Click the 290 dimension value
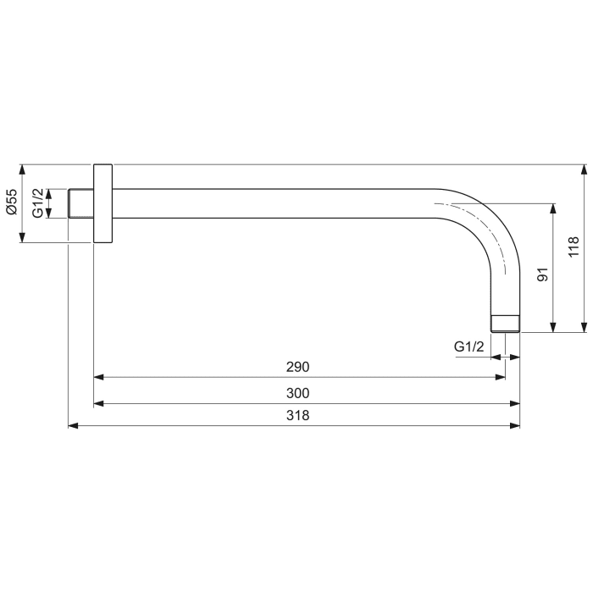[298, 367]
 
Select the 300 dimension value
[298, 393]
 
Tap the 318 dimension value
[298, 416]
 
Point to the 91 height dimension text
[543, 274]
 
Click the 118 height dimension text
[574, 247]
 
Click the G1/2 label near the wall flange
[37, 203]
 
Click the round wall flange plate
[103, 203]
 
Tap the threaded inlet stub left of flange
[80, 203]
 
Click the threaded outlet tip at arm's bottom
[506, 323]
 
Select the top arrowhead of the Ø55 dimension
[23, 169]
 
